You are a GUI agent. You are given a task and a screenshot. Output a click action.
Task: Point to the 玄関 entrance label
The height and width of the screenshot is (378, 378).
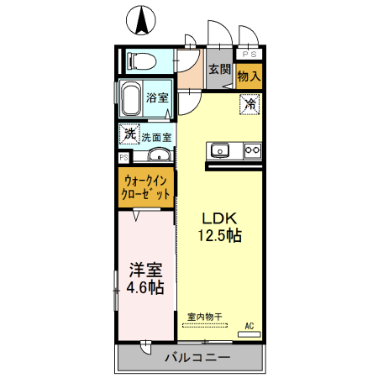[x=220, y=70]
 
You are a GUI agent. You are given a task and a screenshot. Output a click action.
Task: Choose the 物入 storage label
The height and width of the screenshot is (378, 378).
[x=249, y=76]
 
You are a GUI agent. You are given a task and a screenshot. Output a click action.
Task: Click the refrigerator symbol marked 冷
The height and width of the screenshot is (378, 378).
[x=249, y=105]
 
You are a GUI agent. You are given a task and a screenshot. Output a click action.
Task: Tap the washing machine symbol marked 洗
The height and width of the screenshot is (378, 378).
[x=129, y=133]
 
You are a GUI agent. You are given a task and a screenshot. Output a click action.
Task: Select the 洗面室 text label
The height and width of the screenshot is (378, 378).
[x=156, y=137]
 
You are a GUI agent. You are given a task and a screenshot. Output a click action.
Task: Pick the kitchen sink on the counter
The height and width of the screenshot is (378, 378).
[x=221, y=150]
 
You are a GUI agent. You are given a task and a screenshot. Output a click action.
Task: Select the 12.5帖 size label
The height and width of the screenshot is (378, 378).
[x=219, y=236]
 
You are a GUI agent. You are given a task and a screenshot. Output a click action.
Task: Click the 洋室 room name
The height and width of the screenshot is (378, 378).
[x=144, y=270]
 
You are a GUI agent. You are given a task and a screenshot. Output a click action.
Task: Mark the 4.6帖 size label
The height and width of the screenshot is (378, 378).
[x=144, y=288]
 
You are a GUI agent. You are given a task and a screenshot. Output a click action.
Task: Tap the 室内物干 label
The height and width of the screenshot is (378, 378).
[x=204, y=317]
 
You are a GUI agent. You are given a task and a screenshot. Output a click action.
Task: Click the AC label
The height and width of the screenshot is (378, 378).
[x=249, y=326]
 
